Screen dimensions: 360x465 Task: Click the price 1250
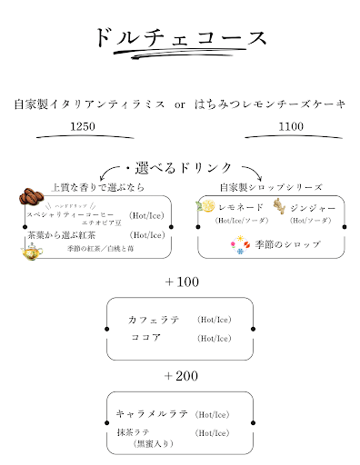(x=82, y=127)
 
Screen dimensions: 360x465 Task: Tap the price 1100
(x=290, y=127)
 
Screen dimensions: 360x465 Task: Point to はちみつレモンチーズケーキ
(x=270, y=104)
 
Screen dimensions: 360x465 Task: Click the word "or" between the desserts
(x=180, y=105)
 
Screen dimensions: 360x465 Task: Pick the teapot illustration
(x=30, y=248)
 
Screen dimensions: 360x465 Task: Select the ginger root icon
(x=279, y=207)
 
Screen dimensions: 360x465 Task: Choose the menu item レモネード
(x=241, y=208)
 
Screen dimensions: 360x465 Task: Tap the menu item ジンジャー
(x=313, y=208)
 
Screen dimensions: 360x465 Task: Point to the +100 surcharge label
(x=182, y=282)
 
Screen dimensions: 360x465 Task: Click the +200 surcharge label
(x=182, y=375)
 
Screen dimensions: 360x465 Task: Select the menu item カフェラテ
(x=155, y=319)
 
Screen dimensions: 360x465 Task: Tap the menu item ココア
(x=145, y=337)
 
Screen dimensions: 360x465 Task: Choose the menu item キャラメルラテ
(x=152, y=413)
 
